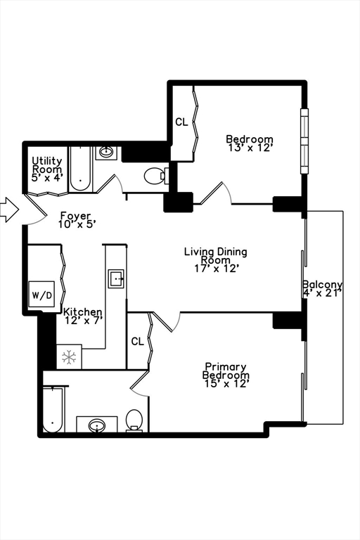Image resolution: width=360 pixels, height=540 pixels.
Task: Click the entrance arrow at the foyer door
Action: [9, 210]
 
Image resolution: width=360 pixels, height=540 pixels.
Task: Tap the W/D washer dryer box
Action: [41, 294]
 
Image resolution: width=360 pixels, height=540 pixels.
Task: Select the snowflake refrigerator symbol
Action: [69, 357]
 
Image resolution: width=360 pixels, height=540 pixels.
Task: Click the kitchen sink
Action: [117, 278]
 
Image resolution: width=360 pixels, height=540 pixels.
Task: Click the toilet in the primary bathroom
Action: [134, 420]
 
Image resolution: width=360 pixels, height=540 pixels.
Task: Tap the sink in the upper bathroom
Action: [106, 152]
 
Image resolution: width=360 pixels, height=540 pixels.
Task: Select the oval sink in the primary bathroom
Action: [97, 425]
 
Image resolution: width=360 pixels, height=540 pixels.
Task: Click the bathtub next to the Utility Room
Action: [81, 169]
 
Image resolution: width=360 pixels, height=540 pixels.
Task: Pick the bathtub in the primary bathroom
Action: [53, 409]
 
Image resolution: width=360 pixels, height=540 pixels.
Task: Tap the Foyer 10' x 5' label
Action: [75, 219]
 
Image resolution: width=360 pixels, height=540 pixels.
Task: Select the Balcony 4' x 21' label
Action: [323, 288]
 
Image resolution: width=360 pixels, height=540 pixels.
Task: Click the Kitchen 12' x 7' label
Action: [83, 316]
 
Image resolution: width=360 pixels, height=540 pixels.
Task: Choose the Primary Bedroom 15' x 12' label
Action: [226, 375]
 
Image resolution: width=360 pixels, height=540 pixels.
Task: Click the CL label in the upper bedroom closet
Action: [181, 122]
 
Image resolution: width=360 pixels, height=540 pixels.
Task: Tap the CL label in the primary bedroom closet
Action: [137, 341]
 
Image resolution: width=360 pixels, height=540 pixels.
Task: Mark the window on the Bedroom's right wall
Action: [304, 141]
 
